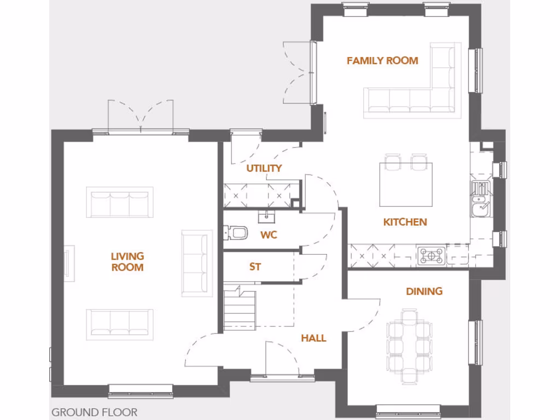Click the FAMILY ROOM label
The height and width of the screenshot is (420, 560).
[x=382, y=61]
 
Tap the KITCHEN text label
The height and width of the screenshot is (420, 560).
[x=405, y=222]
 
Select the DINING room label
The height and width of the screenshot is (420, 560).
[x=424, y=291]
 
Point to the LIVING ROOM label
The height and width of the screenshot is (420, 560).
[x=127, y=261]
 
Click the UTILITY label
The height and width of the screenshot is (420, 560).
[x=264, y=168]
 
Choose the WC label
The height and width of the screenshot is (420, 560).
[x=269, y=235]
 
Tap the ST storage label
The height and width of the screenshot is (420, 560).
[x=255, y=267]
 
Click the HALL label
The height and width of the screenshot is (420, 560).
[x=313, y=338]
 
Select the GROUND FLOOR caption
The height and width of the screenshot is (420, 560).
[x=95, y=412]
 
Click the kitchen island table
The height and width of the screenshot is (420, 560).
[x=406, y=184]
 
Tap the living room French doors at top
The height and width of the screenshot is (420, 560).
[x=141, y=118]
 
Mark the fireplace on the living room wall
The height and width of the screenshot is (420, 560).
[x=68, y=263]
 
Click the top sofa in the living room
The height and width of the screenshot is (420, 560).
[x=119, y=202]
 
